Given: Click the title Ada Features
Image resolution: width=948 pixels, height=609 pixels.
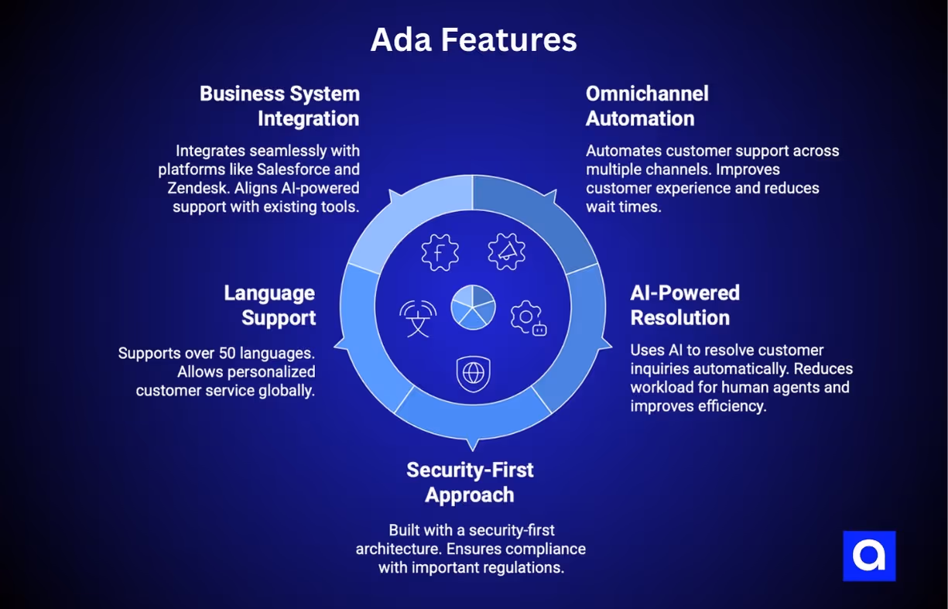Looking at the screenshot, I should (474, 40).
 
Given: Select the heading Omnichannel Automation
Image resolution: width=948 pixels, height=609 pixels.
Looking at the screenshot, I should (647, 106).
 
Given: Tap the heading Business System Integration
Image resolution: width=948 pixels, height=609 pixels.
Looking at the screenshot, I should (279, 106).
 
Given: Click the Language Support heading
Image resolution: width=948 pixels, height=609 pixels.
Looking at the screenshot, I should (269, 305).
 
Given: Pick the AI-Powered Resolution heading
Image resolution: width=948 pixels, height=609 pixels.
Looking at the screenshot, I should (685, 305).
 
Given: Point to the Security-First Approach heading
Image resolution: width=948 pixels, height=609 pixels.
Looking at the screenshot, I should (470, 482).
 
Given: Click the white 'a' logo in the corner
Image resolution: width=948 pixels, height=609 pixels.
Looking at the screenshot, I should (869, 556).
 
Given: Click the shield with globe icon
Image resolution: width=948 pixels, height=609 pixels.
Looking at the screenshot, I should (472, 373).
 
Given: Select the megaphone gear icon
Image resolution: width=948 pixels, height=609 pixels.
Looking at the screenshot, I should (507, 251).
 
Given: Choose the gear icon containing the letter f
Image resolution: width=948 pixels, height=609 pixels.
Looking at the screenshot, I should (440, 252).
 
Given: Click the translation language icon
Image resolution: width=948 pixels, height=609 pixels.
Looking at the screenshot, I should (418, 317).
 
